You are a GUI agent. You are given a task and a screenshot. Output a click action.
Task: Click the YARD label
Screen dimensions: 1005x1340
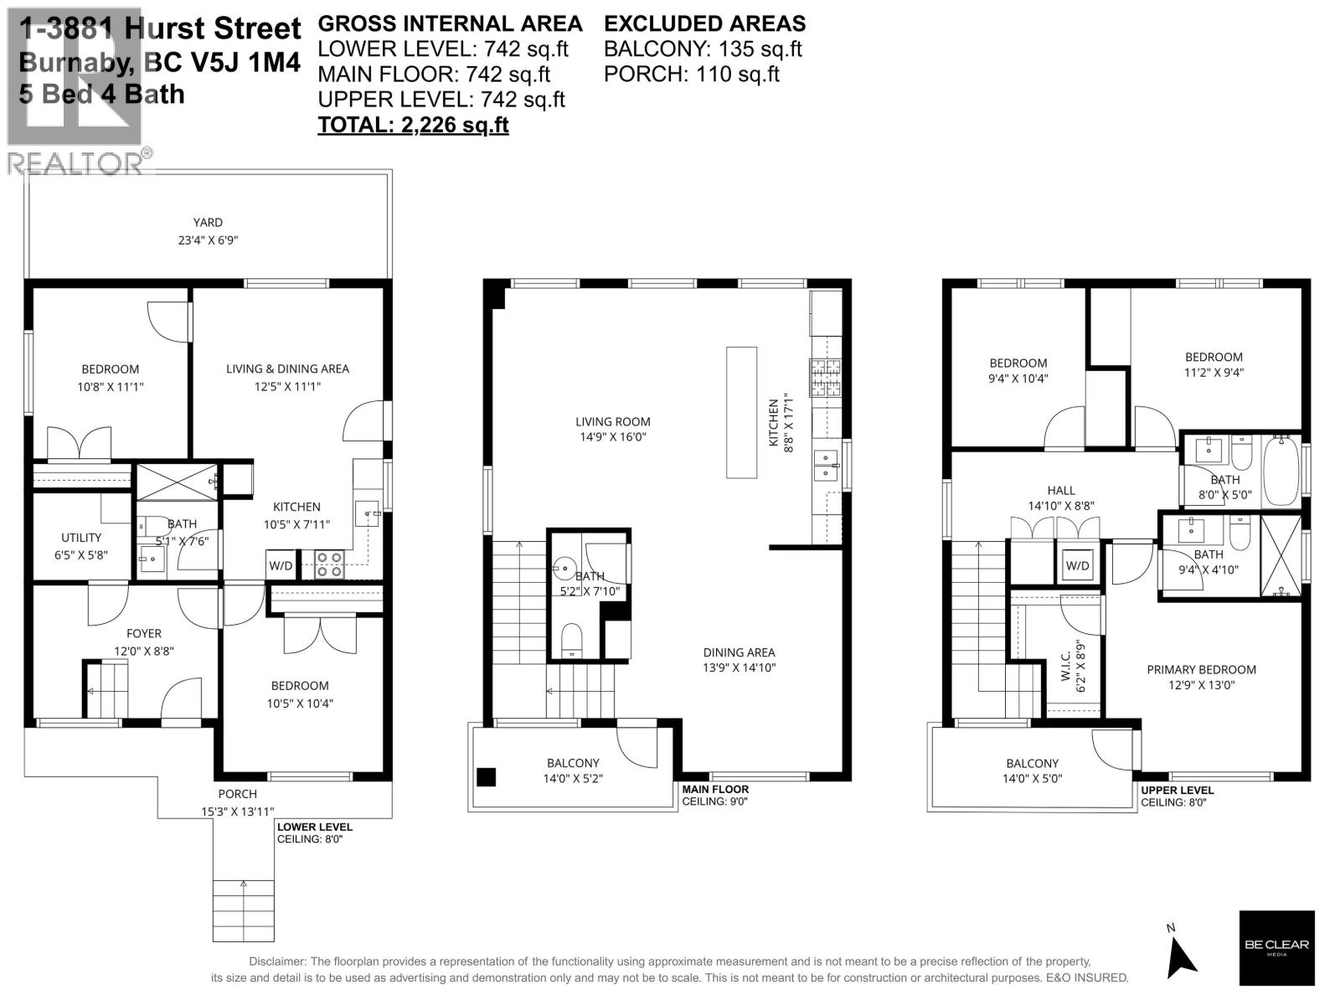208,223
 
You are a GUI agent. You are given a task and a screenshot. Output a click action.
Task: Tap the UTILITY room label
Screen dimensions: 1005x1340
81,538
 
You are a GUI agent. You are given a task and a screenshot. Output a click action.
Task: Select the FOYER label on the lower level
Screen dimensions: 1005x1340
144,634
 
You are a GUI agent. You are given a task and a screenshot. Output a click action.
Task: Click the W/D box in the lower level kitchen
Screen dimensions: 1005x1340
281,566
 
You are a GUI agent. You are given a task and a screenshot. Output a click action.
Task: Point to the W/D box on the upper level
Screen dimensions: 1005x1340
1077,566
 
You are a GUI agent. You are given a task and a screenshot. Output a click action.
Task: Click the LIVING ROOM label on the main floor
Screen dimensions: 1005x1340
612,422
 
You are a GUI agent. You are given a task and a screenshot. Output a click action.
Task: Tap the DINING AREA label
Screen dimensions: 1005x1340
739,652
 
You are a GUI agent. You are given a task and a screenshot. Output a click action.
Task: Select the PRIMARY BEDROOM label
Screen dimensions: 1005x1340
1201,670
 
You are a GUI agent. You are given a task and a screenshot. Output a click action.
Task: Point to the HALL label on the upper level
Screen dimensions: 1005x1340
1061,491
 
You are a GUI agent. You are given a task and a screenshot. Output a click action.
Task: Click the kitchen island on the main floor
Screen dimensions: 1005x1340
741,412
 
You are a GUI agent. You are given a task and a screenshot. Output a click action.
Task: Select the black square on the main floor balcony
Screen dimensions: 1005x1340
486,777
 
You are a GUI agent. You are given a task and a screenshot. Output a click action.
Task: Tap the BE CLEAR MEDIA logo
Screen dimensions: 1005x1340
1276,947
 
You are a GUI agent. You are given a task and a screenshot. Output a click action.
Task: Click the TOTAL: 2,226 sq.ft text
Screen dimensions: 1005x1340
413,125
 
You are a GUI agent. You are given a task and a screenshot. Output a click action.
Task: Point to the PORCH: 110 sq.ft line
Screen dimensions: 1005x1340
691,74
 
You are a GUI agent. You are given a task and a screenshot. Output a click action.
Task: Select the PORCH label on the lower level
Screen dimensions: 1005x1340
237,794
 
